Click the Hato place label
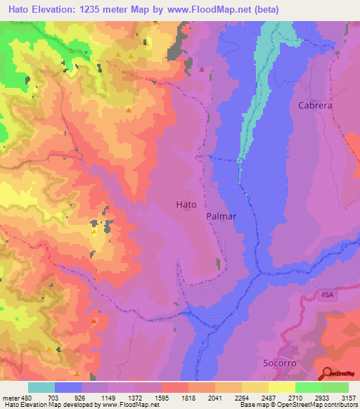click(185, 204)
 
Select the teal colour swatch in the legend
click(41, 387)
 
